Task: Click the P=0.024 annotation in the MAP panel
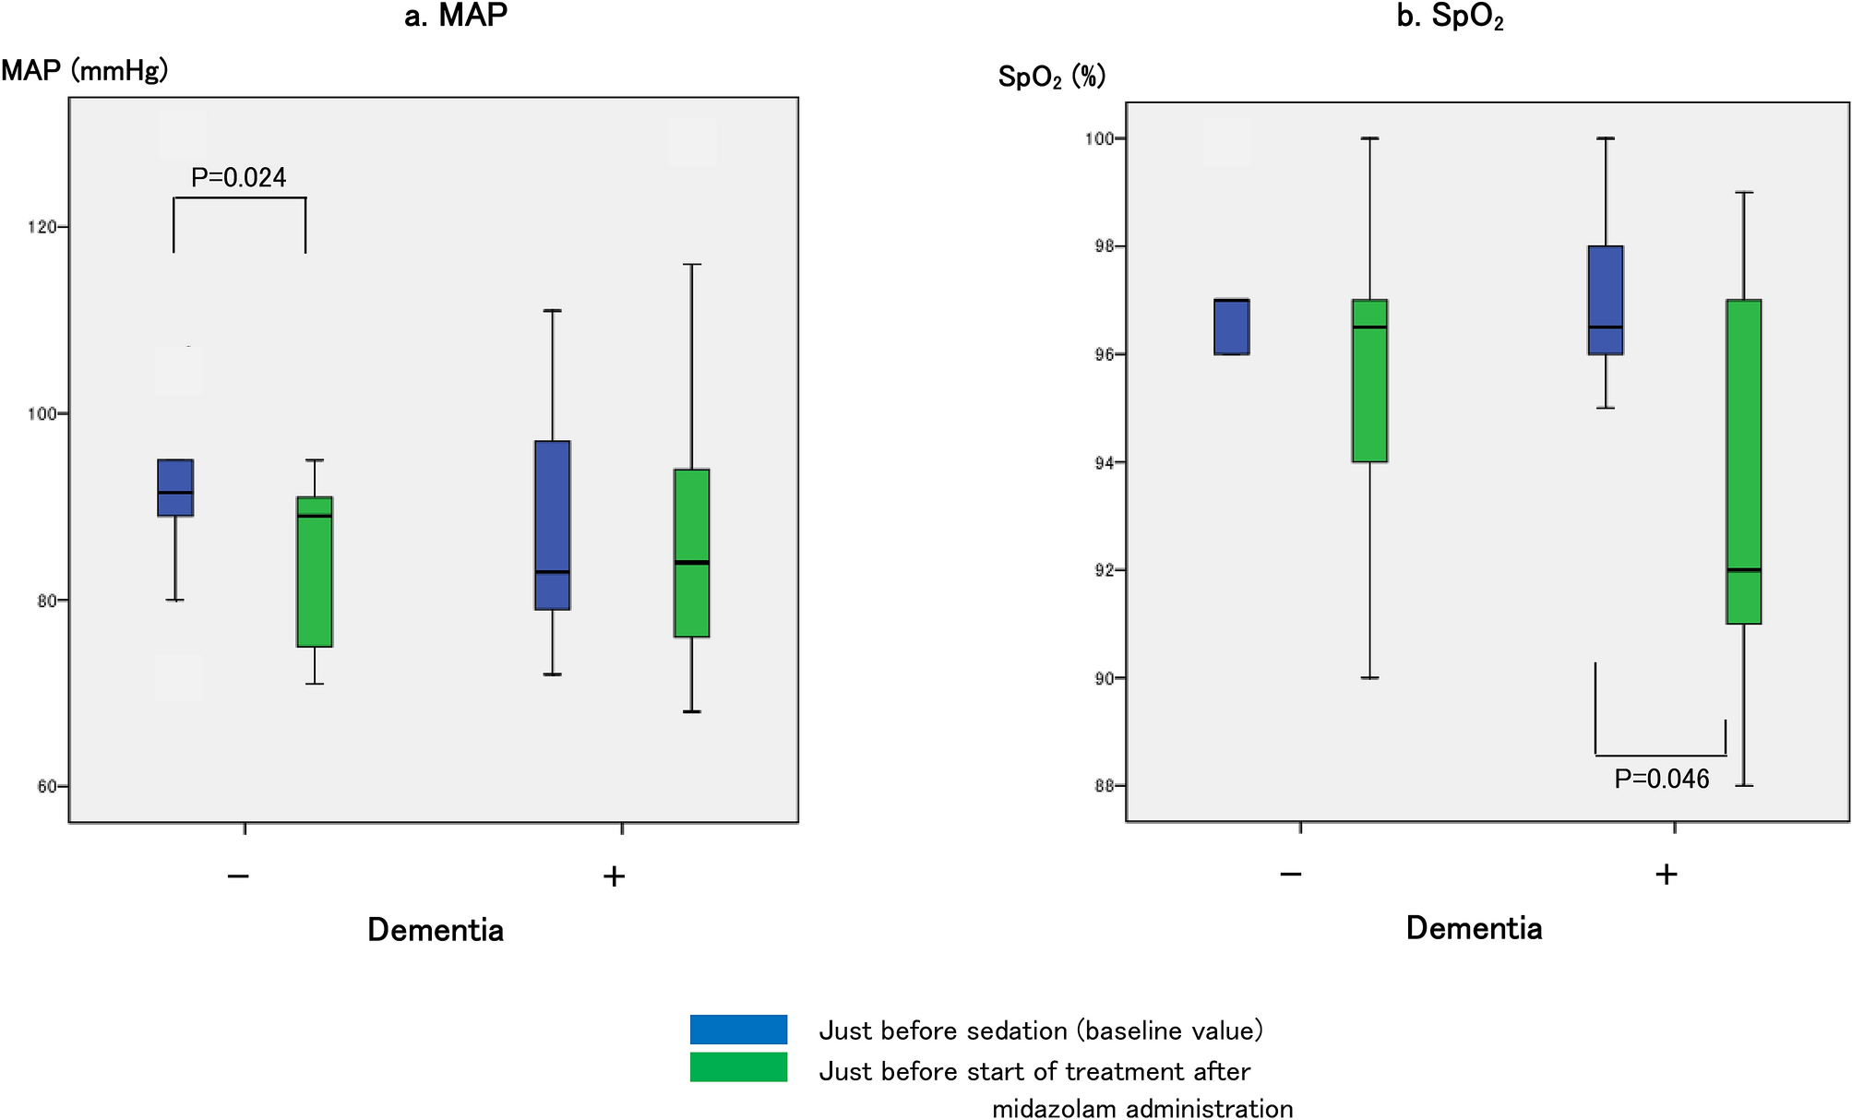[238, 177]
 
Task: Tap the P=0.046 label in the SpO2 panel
[1661, 780]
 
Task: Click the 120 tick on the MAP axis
[42, 227]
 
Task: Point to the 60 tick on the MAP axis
[46, 787]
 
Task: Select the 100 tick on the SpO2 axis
[1099, 138]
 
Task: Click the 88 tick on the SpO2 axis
[1104, 786]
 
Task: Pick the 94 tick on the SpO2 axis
[1104, 462]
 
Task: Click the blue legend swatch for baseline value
[738, 1030]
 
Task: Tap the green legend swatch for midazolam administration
[738, 1067]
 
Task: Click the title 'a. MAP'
[456, 16]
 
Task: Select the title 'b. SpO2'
[1450, 18]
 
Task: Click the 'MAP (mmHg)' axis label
[85, 70]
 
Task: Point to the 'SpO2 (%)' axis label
[1051, 77]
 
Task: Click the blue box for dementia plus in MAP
[553, 525]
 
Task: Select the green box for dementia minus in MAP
[315, 572]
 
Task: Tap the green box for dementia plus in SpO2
[1743, 461]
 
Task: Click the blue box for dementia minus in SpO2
[1231, 327]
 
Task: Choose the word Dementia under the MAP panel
[436, 930]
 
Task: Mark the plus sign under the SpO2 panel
[1666, 875]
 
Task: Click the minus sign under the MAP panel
[238, 876]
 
